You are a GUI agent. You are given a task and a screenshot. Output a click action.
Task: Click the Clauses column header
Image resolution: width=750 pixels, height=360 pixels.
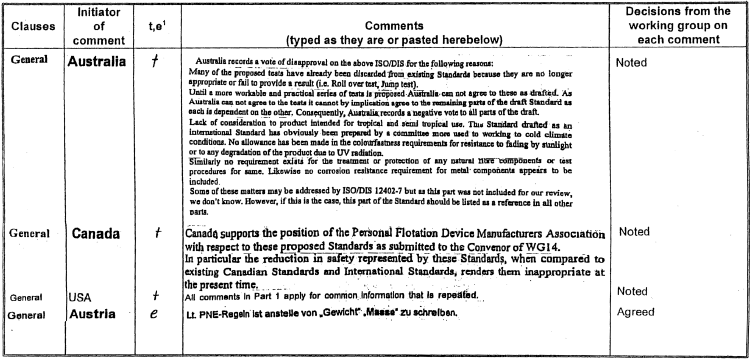(34, 26)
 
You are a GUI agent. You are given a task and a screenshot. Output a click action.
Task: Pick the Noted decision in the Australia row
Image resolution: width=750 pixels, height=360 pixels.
(632, 63)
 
